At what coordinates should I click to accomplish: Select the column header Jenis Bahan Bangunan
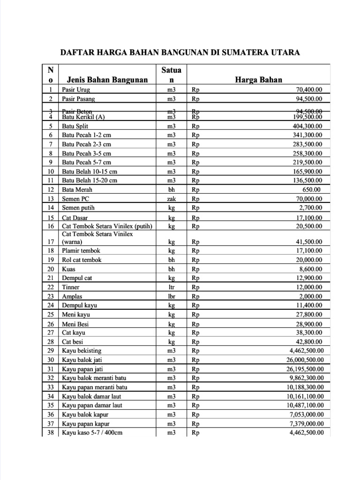click(x=107, y=80)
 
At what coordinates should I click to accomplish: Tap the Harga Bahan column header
click(x=258, y=80)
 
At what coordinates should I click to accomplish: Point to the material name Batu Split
click(x=75, y=126)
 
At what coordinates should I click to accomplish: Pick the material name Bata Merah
click(x=77, y=190)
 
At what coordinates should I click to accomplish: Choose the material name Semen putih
click(x=78, y=208)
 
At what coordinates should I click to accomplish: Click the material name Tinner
click(x=71, y=287)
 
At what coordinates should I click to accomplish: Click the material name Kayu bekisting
click(x=82, y=351)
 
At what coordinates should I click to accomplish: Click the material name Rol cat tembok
click(x=82, y=260)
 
